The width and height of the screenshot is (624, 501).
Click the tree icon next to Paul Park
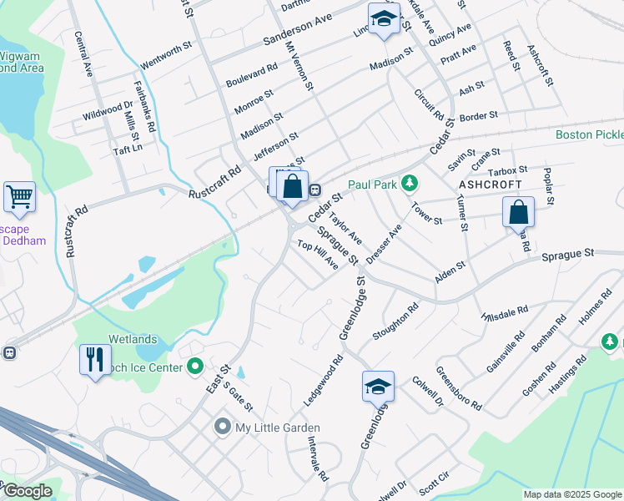[x=409, y=183]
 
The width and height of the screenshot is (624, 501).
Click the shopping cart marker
[x=19, y=198]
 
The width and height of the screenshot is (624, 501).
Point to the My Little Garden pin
[x=222, y=428]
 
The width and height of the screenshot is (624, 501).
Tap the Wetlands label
[x=132, y=340]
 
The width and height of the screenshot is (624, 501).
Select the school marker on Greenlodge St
[x=378, y=387]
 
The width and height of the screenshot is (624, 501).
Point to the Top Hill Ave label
[x=318, y=254]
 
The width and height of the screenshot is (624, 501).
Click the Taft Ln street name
[x=128, y=146]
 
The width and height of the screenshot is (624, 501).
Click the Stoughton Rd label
[x=392, y=323]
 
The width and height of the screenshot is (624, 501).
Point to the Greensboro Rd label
[x=459, y=387]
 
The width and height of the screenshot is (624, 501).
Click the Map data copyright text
[x=571, y=494]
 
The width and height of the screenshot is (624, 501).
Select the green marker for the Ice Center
[x=196, y=366]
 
